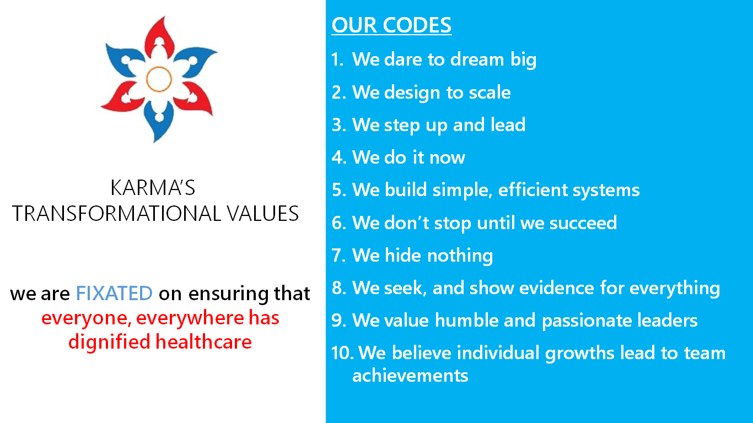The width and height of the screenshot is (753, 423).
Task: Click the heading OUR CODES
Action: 391,25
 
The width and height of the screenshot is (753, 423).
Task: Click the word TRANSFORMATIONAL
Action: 117,213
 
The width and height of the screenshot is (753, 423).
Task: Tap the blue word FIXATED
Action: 114,293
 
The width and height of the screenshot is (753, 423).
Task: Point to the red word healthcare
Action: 203,342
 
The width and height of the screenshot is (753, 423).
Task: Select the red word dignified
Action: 109,343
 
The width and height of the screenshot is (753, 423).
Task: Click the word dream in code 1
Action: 477,59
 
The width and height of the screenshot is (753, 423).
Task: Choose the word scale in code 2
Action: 490,92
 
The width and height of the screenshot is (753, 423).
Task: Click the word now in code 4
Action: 448,157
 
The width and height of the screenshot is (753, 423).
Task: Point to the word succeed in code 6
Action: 583,223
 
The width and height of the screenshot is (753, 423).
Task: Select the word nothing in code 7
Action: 460,256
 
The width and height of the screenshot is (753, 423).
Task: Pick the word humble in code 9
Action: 466,320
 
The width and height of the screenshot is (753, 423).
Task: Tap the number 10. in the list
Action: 342,353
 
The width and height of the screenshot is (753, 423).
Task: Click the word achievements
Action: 410,375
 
